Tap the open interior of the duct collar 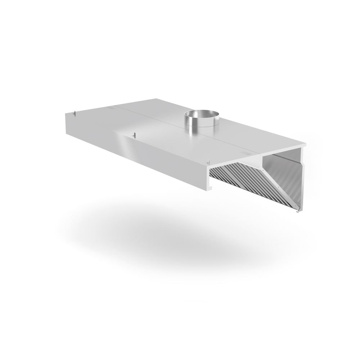coord(201,114)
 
